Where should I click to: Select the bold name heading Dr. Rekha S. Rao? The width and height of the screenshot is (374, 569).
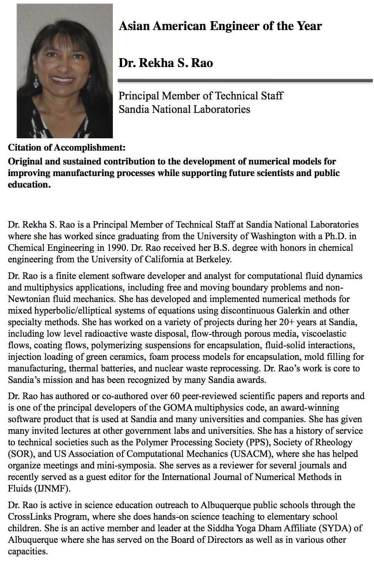tap(166, 63)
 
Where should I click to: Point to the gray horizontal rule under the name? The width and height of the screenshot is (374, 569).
tap(245, 81)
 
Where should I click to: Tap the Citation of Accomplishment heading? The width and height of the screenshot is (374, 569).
tap(67, 148)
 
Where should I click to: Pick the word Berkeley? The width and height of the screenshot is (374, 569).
tap(213, 259)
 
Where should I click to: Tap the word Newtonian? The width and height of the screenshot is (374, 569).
tap(29, 299)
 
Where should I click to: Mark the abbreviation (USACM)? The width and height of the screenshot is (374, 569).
tap(251, 454)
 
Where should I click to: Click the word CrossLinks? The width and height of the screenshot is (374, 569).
tap(29, 517)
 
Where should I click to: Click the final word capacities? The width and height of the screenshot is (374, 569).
tap(27, 551)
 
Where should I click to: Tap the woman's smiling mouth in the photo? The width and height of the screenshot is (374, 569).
tap(63, 80)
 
